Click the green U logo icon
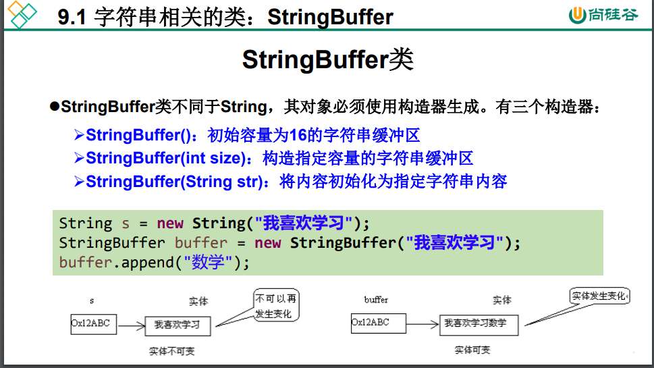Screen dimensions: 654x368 577,15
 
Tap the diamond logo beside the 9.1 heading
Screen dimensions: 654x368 22,15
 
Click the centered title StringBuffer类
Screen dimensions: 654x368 328,59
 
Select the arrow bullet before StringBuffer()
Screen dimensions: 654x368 79,135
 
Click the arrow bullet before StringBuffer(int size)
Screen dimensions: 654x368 79,158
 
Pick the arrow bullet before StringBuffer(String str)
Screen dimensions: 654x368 79,182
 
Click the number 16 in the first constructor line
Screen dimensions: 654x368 298,135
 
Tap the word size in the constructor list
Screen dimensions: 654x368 227,158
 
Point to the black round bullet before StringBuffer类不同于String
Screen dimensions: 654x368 54,107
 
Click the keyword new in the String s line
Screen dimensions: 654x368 170,224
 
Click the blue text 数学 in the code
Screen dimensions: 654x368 208,263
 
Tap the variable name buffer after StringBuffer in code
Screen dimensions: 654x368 201,242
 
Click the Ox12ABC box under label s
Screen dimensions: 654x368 93,324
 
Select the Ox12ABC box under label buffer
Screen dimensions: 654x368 379,323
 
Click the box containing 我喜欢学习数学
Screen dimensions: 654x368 479,325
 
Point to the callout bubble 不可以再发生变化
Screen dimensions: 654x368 276,305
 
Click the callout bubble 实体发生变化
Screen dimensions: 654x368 599,296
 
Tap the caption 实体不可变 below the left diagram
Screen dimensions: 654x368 172,351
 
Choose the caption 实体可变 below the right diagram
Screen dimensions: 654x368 472,350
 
